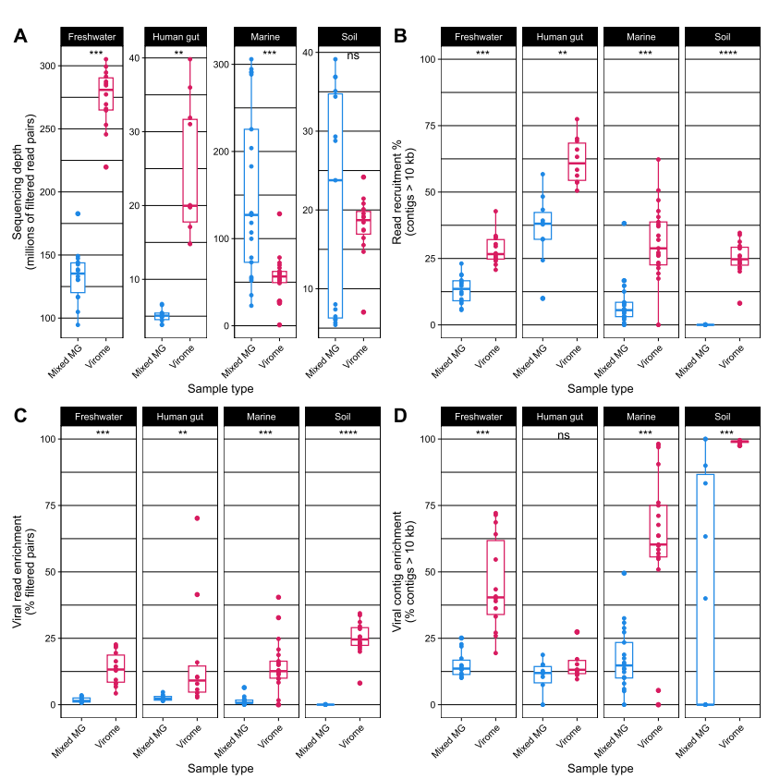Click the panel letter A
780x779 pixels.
click(x=20, y=36)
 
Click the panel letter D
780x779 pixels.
click(x=400, y=415)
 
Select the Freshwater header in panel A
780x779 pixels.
click(x=92, y=37)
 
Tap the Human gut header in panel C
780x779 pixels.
click(x=180, y=417)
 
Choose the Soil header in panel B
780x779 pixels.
click(x=723, y=37)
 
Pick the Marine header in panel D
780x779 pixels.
click(x=640, y=417)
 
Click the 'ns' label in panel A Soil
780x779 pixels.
click(x=353, y=55)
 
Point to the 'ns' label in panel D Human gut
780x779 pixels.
click(x=563, y=435)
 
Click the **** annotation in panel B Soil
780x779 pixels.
click(x=727, y=53)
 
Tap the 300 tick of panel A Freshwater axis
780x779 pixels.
click(x=48, y=66)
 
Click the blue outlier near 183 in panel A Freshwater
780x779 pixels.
click(x=78, y=213)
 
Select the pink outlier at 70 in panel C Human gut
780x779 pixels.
click(x=197, y=518)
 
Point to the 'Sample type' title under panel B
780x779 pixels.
click(x=601, y=388)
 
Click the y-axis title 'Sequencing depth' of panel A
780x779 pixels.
click(x=18, y=192)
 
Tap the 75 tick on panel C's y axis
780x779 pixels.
click(x=50, y=505)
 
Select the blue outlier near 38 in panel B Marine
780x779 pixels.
click(x=624, y=224)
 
